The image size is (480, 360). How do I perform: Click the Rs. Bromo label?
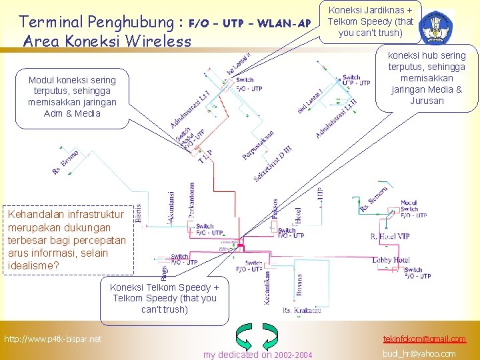coord(66,163)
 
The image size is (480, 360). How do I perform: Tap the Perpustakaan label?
coord(258,145)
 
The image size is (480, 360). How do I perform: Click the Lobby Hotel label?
coord(392,260)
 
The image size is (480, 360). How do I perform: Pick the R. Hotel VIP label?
coord(399,237)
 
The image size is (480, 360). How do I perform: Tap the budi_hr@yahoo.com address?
coord(419,353)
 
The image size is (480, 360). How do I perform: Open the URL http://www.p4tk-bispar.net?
coord(53,339)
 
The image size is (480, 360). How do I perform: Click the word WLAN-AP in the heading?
coord(283,23)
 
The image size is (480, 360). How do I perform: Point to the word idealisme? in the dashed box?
coord(34,265)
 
